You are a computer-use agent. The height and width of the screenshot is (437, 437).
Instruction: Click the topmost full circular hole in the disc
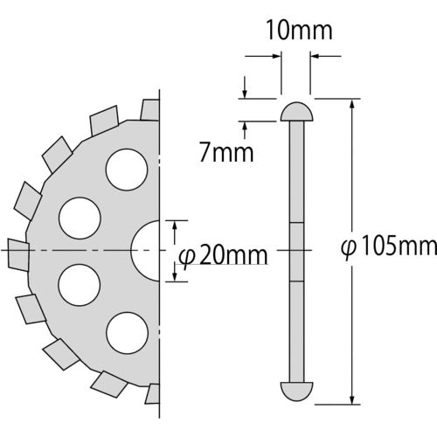125,167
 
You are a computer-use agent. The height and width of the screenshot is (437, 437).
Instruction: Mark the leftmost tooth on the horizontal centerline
17,250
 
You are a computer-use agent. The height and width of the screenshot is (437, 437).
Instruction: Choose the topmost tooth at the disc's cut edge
149,108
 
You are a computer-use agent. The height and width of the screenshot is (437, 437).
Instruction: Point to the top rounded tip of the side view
297,112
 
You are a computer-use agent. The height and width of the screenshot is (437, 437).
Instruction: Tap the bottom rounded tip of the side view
297,389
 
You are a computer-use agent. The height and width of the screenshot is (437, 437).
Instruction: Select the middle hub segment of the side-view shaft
297,250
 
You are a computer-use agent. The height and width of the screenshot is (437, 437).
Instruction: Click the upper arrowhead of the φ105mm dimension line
352,102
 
